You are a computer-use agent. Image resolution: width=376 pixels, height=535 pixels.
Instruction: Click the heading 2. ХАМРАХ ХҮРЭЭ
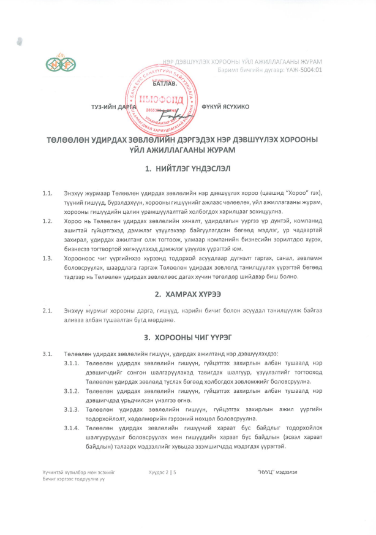point(187,294)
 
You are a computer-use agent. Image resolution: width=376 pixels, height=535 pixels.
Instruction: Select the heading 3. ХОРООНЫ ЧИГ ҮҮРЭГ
point(187,336)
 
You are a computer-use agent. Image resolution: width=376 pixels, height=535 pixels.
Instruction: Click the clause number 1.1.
point(47,194)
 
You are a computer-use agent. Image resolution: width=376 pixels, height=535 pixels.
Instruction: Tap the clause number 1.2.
point(47,219)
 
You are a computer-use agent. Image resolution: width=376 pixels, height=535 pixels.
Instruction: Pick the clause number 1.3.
point(47,258)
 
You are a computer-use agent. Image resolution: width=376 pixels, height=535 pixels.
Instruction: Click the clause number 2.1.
point(47,312)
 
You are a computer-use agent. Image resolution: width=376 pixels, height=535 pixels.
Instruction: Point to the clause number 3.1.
point(47,354)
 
